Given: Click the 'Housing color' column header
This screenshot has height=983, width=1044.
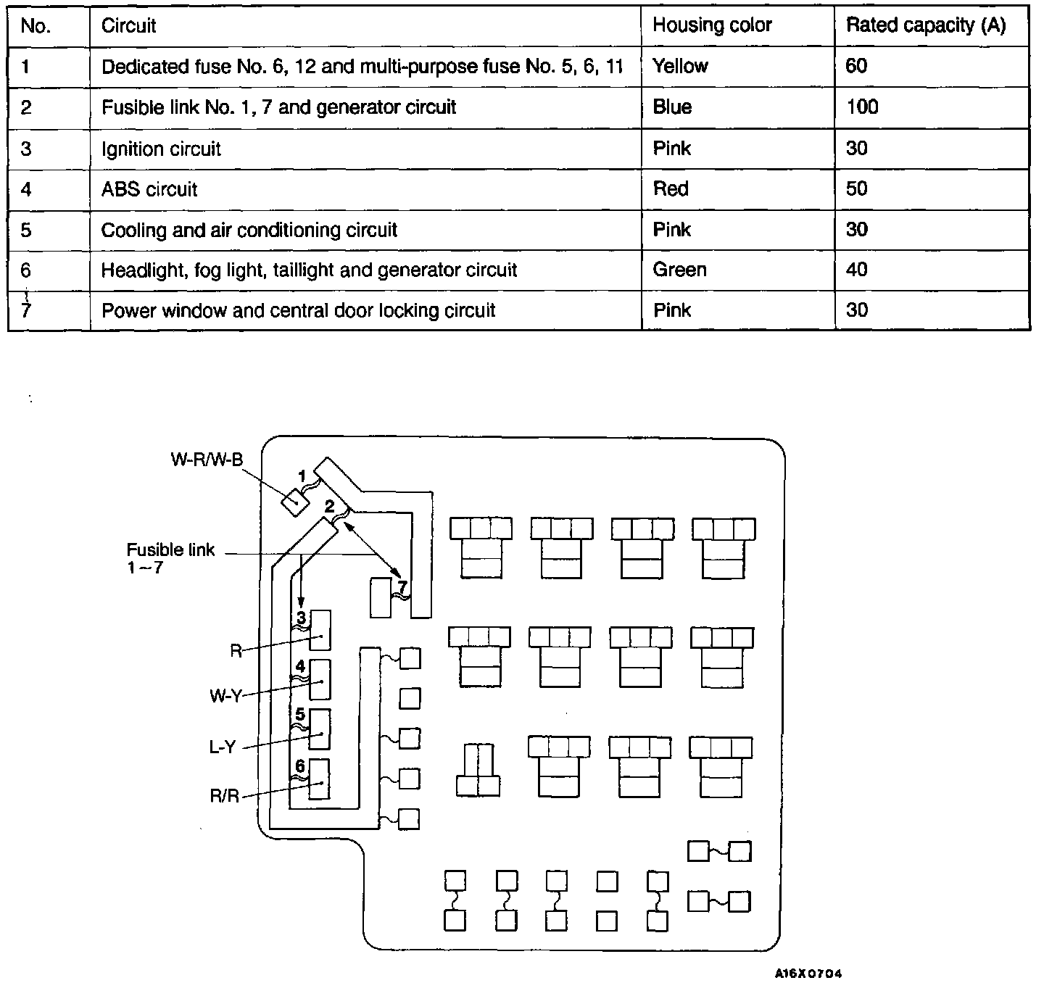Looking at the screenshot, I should (712, 25).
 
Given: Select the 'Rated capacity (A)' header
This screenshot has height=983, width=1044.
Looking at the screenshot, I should (926, 25).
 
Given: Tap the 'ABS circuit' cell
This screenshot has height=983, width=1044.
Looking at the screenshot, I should (149, 189).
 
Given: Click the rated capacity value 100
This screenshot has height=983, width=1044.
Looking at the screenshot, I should (862, 107).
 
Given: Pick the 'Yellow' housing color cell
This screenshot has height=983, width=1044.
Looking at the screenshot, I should (680, 66).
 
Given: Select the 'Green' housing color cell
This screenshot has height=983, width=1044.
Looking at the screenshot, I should (679, 270).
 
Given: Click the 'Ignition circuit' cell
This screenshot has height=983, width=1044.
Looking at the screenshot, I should (161, 149).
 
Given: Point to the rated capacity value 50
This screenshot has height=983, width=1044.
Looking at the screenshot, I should (856, 189).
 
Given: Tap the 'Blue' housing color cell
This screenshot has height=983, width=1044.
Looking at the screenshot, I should (672, 107).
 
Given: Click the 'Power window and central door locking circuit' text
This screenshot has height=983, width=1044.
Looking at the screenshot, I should (298, 310).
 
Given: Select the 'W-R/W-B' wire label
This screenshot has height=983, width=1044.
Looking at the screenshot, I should (207, 460).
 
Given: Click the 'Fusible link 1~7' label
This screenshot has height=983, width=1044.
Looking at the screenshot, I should (170, 557).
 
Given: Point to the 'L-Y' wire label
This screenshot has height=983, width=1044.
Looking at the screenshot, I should (222, 747).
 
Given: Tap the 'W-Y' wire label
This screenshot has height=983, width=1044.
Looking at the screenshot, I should (225, 697).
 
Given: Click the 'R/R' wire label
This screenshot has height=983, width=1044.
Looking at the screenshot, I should (224, 796).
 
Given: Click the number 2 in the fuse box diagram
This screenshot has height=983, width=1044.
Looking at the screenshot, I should (329, 506).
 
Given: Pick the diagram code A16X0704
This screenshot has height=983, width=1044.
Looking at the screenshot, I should (808, 974).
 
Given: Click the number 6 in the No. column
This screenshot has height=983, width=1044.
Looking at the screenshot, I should (26, 270).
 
